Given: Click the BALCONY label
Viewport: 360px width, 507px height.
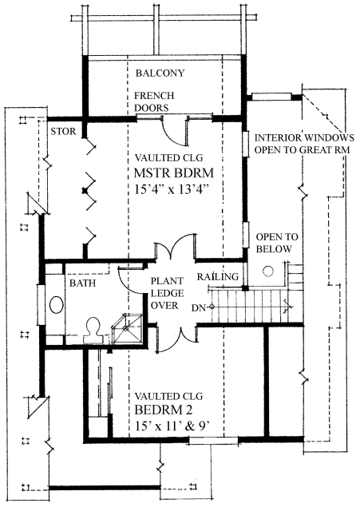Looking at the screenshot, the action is [160, 73].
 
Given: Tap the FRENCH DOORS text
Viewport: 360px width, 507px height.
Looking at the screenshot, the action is [154, 101].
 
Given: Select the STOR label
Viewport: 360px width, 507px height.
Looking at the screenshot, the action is [63, 131].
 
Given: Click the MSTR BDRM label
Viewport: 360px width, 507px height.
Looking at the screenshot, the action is [174, 173].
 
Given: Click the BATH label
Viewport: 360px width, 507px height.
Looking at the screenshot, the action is [83, 283].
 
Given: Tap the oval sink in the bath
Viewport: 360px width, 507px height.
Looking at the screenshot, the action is [57, 304].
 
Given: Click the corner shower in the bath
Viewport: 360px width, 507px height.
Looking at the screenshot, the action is [128, 329].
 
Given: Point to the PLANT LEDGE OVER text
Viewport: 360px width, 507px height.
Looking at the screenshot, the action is [167, 293].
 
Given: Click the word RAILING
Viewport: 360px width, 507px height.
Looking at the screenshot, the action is [218, 276].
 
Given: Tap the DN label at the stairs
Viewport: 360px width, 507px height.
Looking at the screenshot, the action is [199, 308].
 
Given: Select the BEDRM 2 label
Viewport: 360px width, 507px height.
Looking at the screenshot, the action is [163, 410].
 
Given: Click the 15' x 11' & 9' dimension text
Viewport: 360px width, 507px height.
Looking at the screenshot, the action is [172, 426].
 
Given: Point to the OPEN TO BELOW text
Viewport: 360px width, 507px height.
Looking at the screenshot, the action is [277, 243].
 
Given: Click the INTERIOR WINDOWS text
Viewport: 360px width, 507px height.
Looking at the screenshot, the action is [304, 138].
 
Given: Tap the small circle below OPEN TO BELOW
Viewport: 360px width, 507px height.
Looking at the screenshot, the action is [268, 271].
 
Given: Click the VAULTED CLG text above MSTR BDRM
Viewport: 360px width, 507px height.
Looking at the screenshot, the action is [168, 158].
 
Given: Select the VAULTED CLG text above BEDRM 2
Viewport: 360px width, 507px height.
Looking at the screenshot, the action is [168, 396].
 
